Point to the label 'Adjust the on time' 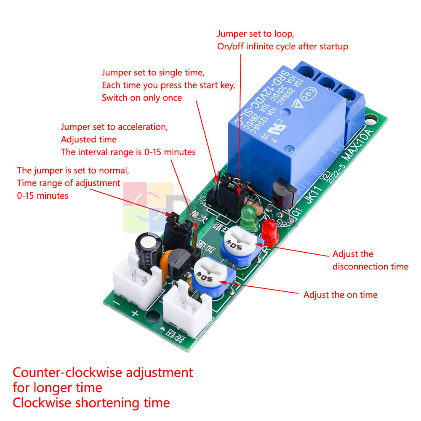point(340,295)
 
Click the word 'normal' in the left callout point(114,171)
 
